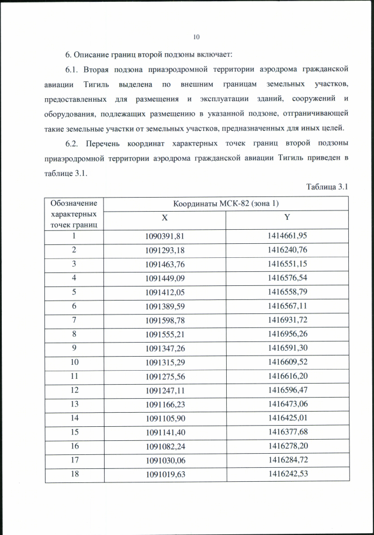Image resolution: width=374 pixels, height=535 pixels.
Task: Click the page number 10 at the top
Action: point(196,37)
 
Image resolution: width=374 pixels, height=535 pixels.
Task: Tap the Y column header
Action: point(288,216)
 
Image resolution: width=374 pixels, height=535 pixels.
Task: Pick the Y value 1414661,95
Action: point(288,236)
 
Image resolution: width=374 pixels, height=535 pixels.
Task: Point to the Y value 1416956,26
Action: point(288,334)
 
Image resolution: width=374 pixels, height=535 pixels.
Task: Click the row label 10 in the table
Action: point(74,362)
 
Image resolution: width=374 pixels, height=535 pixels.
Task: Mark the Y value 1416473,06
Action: point(288,403)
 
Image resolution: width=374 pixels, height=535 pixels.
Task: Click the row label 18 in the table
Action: point(74,474)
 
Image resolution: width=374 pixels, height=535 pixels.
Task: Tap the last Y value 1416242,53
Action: point(288,474)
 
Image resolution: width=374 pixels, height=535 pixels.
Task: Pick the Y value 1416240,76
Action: point(288,250)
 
